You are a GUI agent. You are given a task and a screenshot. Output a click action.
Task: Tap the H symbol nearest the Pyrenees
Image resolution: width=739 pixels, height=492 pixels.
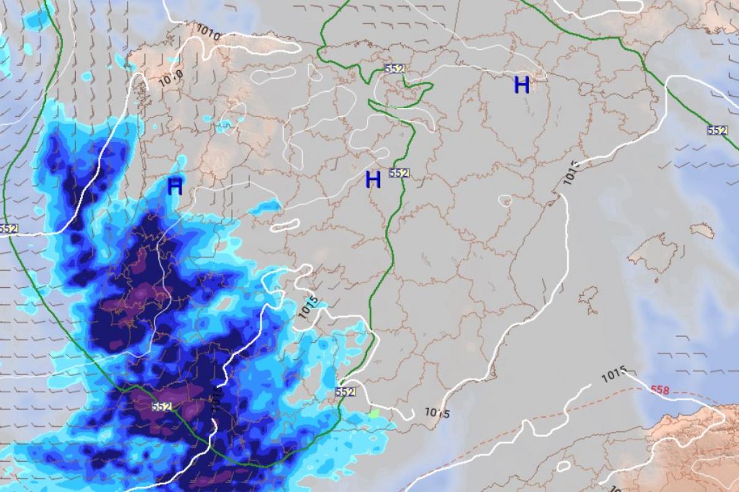tap(522, 85)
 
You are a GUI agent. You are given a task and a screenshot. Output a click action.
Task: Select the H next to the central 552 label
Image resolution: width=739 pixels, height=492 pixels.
tap(373, 180)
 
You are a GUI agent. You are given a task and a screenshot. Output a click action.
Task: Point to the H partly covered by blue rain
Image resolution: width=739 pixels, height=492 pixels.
tap(175, 187)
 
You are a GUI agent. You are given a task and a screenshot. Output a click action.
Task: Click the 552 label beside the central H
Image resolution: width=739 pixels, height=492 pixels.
tap(399, 173)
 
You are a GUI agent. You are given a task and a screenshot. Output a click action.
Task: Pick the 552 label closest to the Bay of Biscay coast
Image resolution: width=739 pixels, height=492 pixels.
tap(394, 68)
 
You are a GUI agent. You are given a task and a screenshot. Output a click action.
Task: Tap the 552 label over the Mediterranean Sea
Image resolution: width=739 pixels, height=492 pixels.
tap(717, 130)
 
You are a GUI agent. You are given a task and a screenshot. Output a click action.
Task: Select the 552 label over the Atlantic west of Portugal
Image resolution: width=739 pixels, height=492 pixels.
tap(9, 228)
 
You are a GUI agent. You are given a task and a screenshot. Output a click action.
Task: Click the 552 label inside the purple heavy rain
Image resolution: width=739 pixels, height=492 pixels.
tap(161, 407)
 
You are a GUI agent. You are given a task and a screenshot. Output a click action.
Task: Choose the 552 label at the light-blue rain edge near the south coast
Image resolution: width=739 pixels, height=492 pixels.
tap(345, 392)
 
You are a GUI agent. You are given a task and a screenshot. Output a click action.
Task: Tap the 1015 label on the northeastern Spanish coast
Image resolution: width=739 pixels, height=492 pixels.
tap(570, 173)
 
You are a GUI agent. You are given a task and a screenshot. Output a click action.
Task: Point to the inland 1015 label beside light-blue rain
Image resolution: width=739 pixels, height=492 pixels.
tap(309, 306)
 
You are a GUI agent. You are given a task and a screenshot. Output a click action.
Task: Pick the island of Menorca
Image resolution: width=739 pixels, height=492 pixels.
tap(702, 230)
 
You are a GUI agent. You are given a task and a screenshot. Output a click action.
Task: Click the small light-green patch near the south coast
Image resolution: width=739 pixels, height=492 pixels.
tap(374, 414)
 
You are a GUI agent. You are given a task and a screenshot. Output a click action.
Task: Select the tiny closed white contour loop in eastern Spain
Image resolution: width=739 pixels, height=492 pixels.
tap(505, 200)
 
